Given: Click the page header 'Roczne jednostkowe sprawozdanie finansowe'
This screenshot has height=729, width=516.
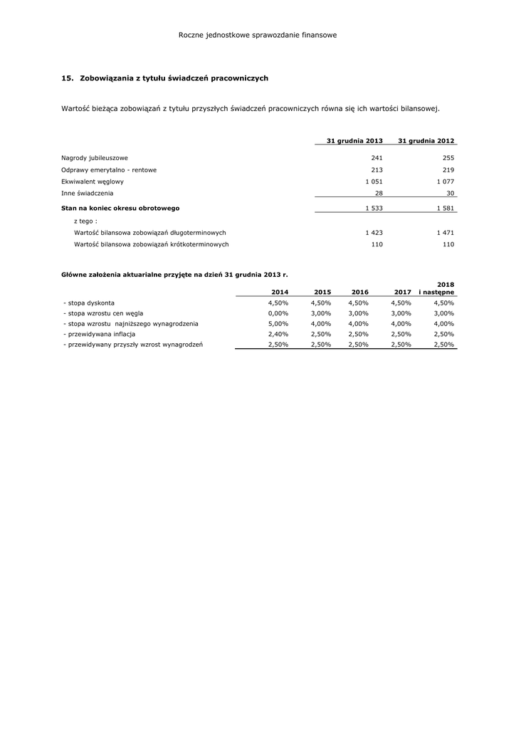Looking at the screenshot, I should coord(258,34).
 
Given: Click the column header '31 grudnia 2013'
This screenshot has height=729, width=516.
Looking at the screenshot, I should coord(354,141).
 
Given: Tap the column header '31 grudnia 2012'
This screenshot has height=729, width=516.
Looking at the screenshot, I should coord(426,141).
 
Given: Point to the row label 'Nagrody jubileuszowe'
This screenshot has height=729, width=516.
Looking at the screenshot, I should coord(95,158).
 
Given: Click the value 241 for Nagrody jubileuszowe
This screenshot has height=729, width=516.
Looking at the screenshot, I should coord(377,158).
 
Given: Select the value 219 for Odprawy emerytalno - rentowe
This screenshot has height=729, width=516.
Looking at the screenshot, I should coord(448,170).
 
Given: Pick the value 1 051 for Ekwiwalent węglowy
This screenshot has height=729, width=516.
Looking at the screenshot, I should coord(374,182).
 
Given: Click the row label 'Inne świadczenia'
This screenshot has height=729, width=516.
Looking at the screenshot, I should coord(87,193).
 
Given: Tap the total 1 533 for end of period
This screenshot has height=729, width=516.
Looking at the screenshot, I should coord(374,208).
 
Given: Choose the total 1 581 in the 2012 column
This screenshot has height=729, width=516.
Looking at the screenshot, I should coord(446,208).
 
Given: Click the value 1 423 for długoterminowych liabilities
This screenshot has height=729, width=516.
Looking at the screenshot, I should coord(374,233).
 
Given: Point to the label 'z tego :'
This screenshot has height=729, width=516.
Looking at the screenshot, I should coord(85,221).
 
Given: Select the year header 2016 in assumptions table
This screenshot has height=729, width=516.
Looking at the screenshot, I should coord(359,292).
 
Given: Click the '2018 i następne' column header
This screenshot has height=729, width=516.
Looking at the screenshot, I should coord(437,288).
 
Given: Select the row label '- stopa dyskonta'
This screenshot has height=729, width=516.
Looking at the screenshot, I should coord(89,303).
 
